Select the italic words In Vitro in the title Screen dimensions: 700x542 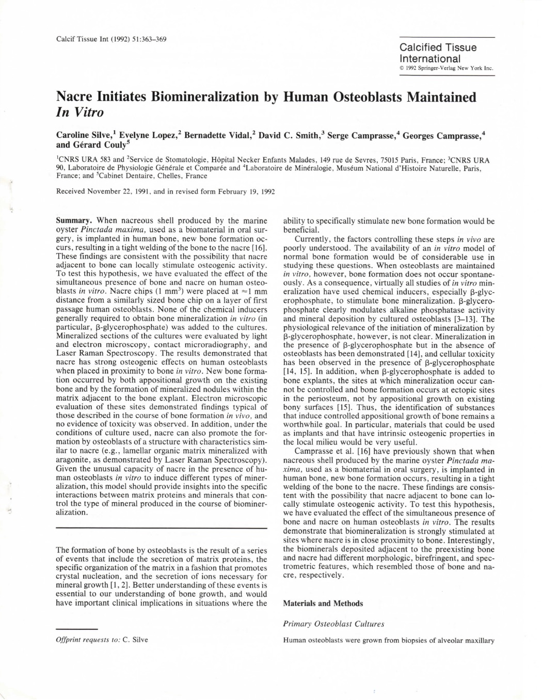80,112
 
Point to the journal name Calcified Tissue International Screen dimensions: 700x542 438,53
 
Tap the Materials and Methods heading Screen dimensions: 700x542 323,603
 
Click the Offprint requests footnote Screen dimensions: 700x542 102,640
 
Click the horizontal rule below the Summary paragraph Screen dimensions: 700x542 161,528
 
